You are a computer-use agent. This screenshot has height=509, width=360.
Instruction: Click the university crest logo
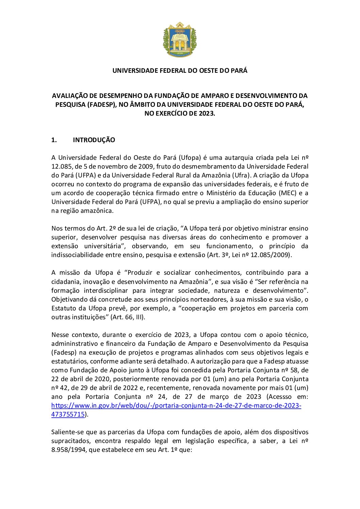tap(180, 40)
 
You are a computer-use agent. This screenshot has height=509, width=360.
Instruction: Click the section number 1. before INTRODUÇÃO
tap(54, 140)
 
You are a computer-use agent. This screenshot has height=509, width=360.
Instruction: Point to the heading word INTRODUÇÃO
tap(94, 140)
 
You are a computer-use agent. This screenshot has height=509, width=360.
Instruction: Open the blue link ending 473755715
tap(68, 414)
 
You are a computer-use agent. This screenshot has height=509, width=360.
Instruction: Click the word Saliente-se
tap(68, 432)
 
